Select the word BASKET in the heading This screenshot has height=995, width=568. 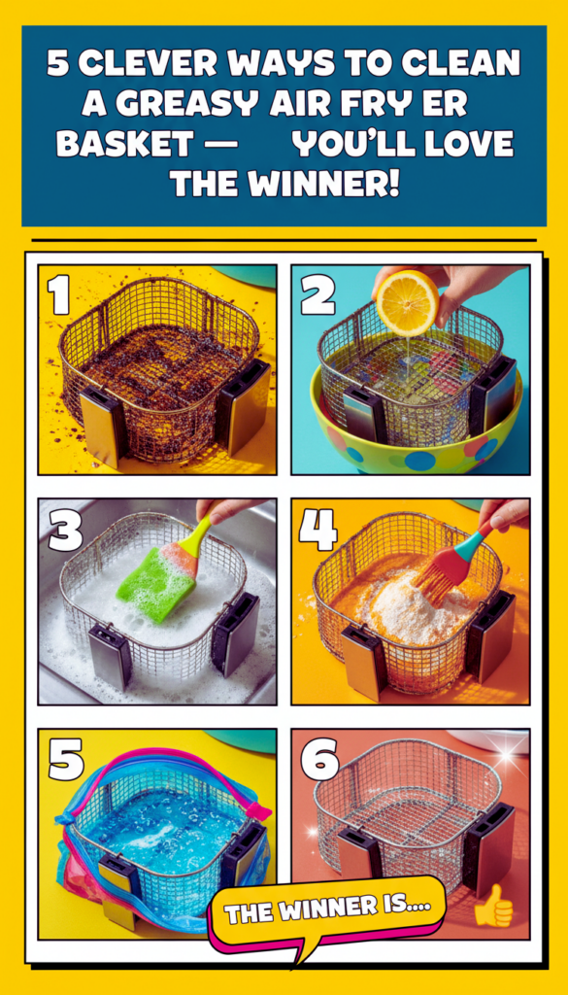pos(124,144)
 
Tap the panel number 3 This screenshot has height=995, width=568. pos(65,530)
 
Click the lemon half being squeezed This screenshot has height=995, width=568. pos(408,303)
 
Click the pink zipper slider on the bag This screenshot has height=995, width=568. pos(257,810)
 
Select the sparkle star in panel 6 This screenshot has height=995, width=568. pos(505,756)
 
